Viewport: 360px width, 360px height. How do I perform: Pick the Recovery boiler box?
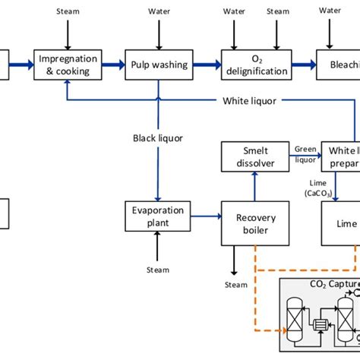coord(251,223)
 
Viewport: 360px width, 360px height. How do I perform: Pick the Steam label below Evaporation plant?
coord(158,270)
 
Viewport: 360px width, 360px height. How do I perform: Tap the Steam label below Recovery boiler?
coord(236,285)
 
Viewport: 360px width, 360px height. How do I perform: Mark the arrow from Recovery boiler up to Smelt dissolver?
coord(255,185)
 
